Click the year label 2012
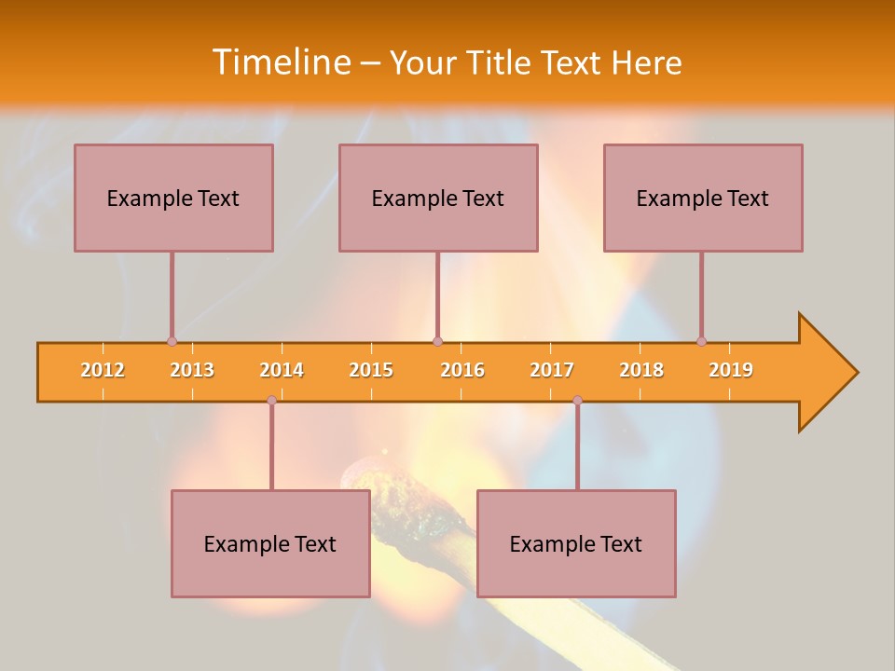pos(103,370)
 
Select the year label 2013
pos(192,370)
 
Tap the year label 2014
pos(282,370)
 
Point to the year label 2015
pos(371,370)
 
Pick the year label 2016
pos(462,370)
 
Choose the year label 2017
pos(552,370)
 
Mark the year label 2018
pos(641,370)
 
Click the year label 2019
pos(731,370)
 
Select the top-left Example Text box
pos(173,198)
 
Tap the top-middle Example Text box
pos(438,198)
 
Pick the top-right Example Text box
pos(703,198)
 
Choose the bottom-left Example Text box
pos(270,543)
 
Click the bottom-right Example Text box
pos(576,543)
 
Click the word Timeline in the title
pos(280,62)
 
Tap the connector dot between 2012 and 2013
pos(172,341)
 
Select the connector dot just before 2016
pos(437,341)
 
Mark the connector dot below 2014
pos(271,400)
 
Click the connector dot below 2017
pos(577,400)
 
